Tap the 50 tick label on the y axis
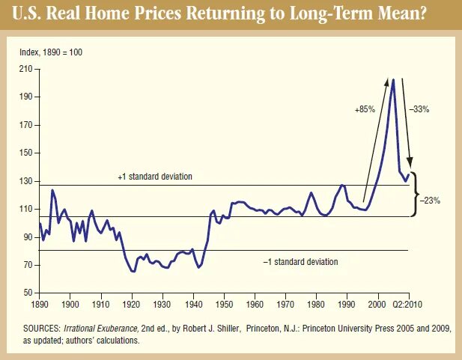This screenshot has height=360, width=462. (x=28, y=292)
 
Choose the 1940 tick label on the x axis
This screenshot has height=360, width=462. (x=193, y=305)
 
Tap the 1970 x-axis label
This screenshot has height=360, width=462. (x=285, y=305)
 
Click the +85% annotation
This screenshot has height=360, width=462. (x=365, y=109)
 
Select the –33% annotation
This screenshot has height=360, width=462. (x=419, y=109)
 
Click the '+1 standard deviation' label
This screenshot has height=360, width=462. (x=155, y=177)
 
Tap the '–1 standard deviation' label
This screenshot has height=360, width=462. (x=300, y=262)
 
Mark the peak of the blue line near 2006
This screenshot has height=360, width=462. (x=392, y=79)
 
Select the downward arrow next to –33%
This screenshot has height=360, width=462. (x=405, y=120)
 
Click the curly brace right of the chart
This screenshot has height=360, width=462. (x=416, y=190)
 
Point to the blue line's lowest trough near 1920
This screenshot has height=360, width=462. (x=133, y=271)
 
